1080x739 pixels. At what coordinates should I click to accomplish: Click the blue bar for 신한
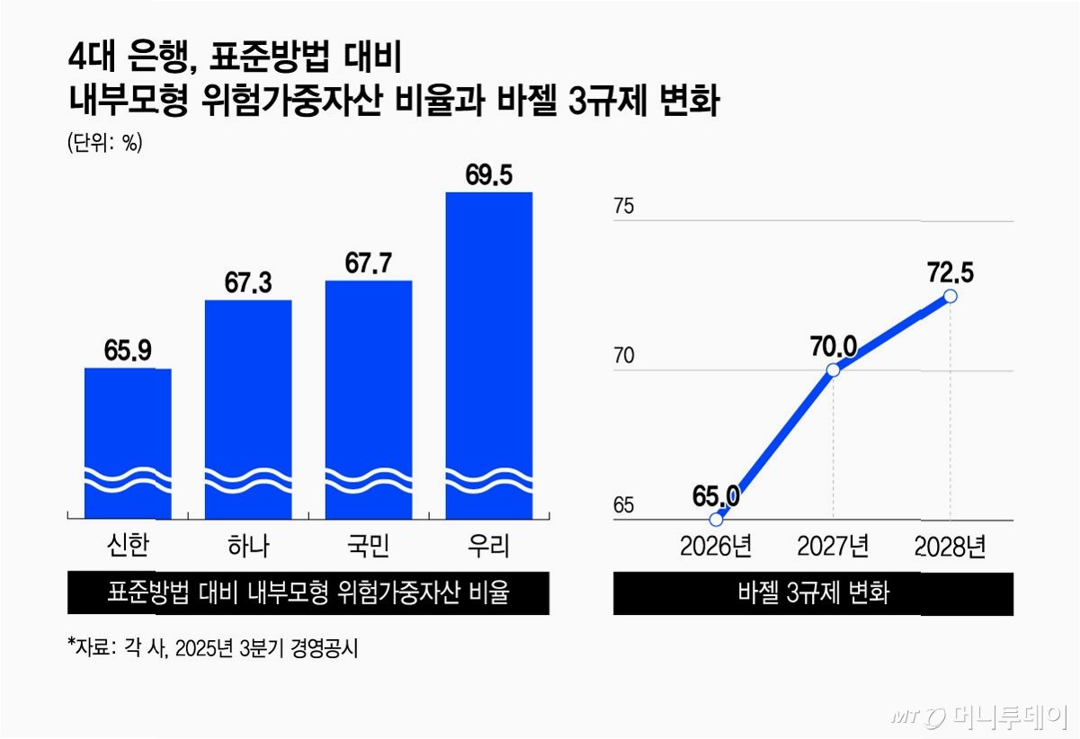click(128, 443)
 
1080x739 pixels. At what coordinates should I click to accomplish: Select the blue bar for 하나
click(248, 409)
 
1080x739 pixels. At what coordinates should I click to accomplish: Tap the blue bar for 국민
click(369, 400)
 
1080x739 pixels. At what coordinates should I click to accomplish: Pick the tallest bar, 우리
click(489, 356)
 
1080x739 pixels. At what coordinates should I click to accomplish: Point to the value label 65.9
click(128, 350)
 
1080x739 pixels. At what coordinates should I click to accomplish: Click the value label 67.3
click(248, 282)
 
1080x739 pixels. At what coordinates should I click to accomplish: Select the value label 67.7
click(369, 263)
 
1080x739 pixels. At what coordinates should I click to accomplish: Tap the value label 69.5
click(489, 174)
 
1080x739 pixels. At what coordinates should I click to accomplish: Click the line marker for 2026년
click(717, 520)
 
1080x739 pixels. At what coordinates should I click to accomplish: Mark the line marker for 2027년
click(833, 370)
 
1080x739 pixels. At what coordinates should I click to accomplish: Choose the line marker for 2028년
click(951, 296)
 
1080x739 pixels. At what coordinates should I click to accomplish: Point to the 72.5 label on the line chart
click(951, 272)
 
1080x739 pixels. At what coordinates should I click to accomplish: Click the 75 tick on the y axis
click(623, 206)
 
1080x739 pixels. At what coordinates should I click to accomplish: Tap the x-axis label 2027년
click(833, 547)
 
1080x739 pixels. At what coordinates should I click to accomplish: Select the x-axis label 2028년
click(950, 547)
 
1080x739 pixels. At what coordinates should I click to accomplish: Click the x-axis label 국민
click(369, 547)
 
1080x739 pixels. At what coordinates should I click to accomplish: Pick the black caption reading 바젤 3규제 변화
click(814, 593)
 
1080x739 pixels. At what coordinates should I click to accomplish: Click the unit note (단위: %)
click(105, 143)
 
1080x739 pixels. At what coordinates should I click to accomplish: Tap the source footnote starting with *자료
click(212, 648)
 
